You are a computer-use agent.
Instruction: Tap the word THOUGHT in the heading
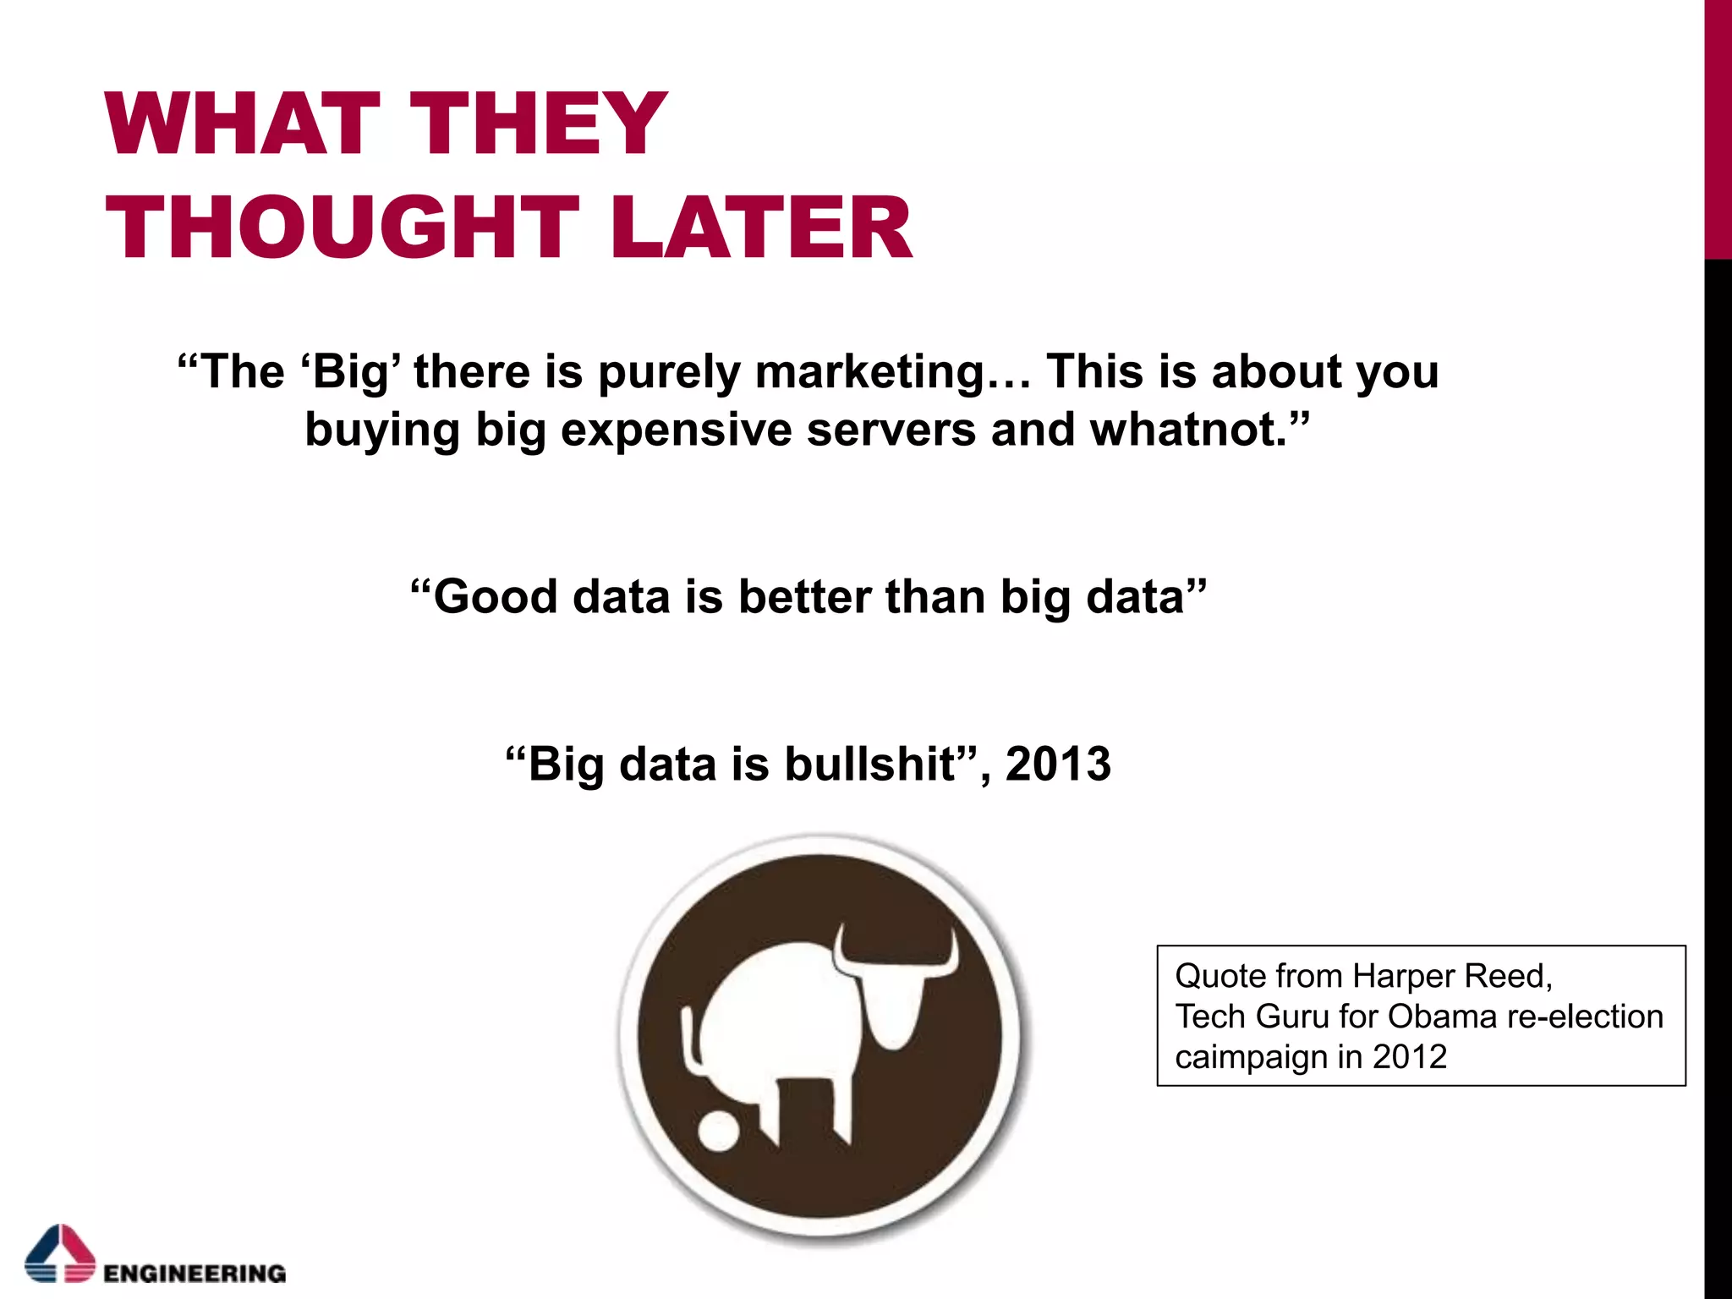coord(343,227)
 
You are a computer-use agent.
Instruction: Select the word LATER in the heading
coord(760,227)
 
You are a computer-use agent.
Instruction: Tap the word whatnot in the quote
coord(1187,430)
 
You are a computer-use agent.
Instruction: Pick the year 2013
coord(1058,765)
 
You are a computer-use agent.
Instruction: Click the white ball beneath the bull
coord(719,1132)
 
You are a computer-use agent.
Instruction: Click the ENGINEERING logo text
coord(195,1274)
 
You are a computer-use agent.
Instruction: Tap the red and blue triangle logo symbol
coord(60,1253)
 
